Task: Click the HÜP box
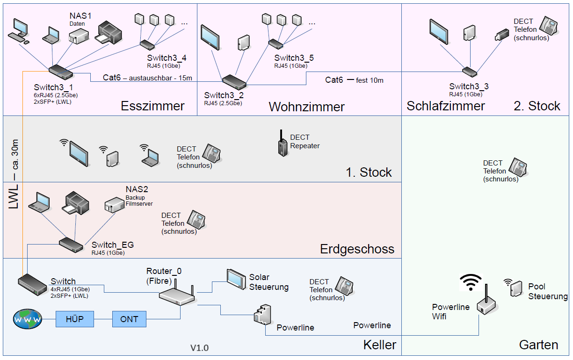(75, 319)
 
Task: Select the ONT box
(129, 319)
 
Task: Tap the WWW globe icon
(27, 320)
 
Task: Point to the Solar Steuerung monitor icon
(236, 278)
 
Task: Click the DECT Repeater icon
(282, 144)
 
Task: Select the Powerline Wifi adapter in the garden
(486, 305)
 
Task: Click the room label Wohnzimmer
(306, 107)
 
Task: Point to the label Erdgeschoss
(357, 249)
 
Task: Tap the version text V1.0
(199, 348)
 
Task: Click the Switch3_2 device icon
(234, 81)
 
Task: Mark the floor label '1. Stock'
(369, 173)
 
